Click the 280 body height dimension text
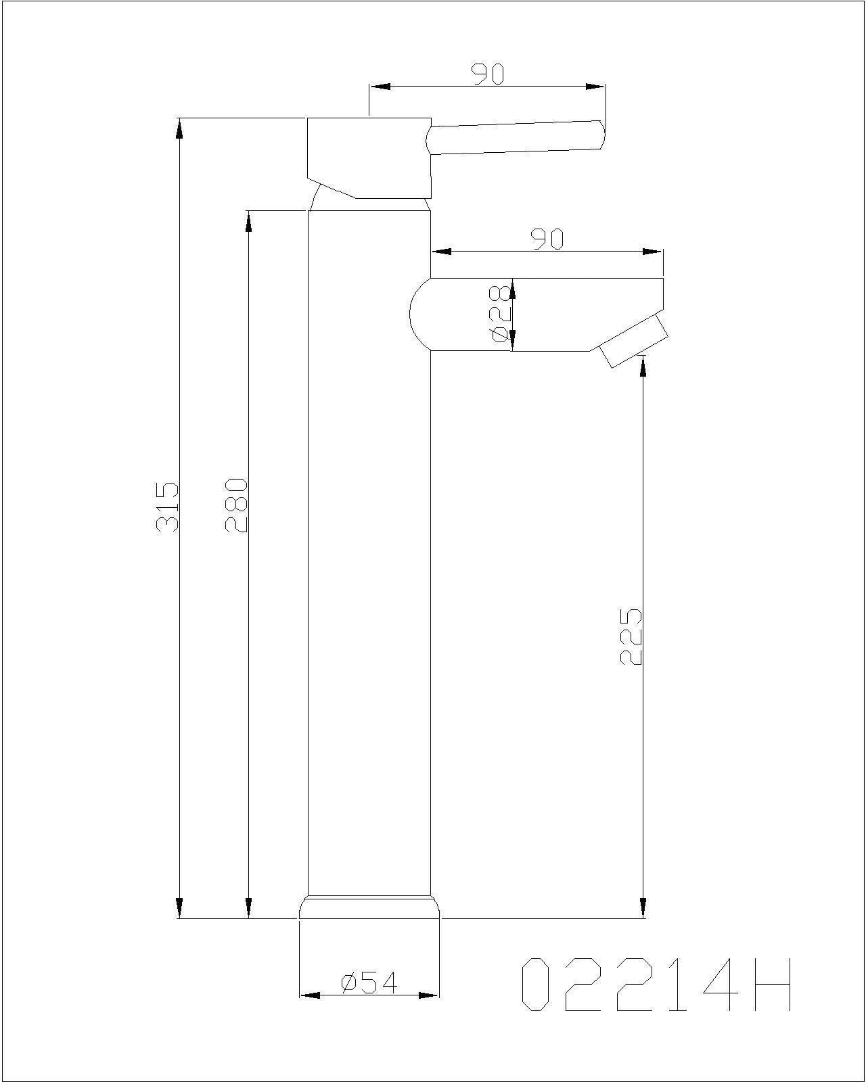[237, 505]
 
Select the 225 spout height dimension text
[631, 636]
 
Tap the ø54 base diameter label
[370, 983]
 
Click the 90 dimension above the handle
[488, 74]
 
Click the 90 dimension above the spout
[547, 239]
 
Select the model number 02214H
[656, 985]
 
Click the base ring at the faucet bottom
[369, 907]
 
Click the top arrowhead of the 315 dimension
[179, 128]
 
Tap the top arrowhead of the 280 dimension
[248, 221]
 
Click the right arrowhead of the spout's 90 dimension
[652, 252]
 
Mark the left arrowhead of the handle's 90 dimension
[380, 87]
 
